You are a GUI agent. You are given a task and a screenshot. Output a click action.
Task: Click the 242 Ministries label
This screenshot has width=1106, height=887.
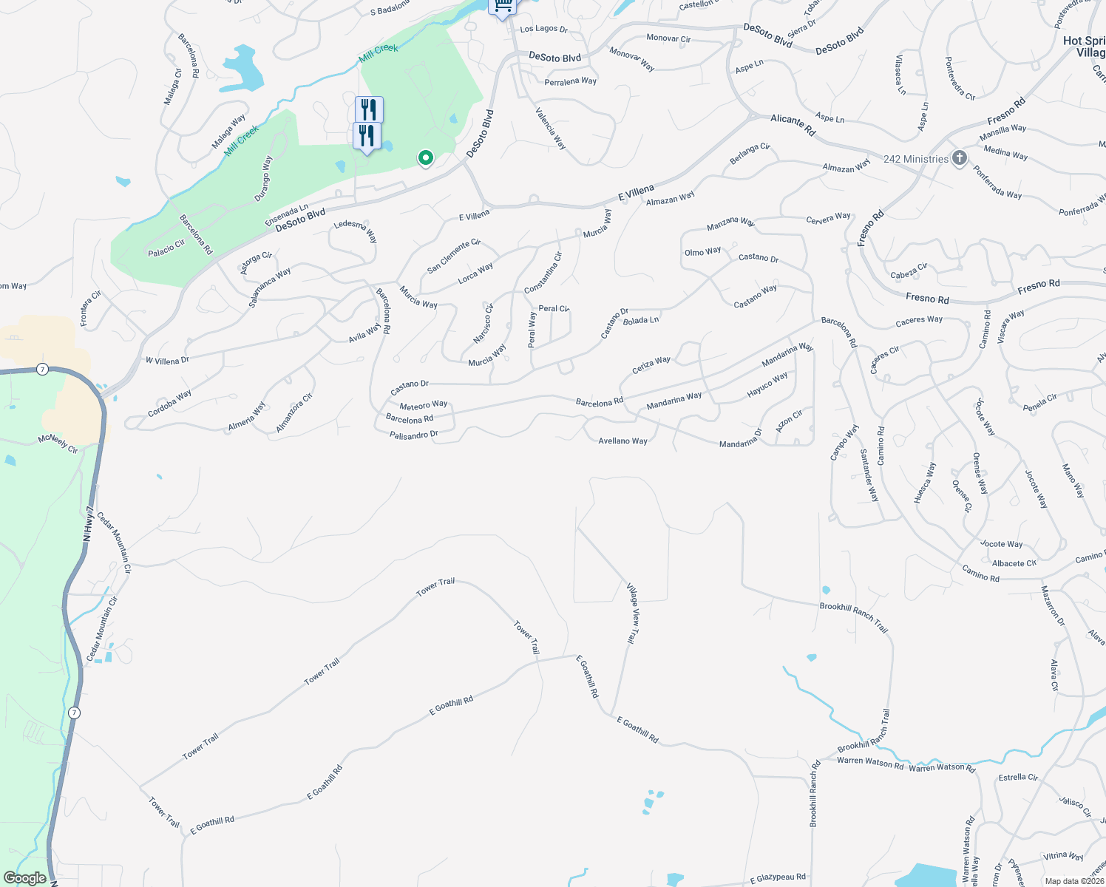pos(915,159)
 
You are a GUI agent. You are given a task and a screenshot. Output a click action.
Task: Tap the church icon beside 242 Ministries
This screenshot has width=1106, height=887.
pos(959,157)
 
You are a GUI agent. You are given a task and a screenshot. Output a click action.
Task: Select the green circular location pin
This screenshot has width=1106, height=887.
pos(425,157)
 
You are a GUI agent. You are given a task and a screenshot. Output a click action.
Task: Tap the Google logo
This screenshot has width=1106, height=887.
pos(24,878)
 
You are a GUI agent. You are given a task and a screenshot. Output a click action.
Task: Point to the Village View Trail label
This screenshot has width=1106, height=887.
pos(633,614)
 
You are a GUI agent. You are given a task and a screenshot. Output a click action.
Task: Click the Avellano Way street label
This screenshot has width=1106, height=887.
pos(622,441)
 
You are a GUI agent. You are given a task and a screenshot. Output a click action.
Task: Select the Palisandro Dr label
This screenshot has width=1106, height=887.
pos(414,435)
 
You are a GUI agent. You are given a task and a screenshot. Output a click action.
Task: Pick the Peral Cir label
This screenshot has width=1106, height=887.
pos(554,308)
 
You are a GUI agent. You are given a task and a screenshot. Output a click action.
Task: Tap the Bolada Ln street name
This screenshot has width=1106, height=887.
pos(641,321)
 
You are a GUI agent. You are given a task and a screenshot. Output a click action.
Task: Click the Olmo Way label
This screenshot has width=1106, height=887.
pos(702,252)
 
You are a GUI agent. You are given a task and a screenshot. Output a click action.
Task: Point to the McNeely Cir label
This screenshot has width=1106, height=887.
pos(58,444)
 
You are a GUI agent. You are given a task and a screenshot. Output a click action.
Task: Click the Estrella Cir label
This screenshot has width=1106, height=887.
pos(1018,778)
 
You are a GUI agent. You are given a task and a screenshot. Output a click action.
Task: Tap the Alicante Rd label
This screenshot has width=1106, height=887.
pos(793,125)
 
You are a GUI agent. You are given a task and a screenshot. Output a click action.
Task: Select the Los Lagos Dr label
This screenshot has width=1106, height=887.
pos(543,29)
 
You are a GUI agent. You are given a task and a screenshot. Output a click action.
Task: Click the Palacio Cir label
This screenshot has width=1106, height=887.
pos(166,248)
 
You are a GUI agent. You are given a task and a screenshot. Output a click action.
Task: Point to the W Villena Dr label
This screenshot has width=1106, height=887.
pos(167,361)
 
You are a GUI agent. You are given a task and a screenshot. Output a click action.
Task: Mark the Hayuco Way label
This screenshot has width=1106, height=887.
pos(767,385)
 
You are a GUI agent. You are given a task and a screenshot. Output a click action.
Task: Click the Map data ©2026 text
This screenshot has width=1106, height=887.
pos(1074,881)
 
